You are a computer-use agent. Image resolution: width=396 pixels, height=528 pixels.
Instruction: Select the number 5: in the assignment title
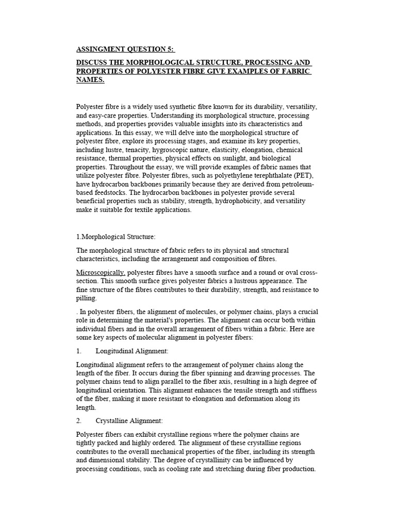171,49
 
